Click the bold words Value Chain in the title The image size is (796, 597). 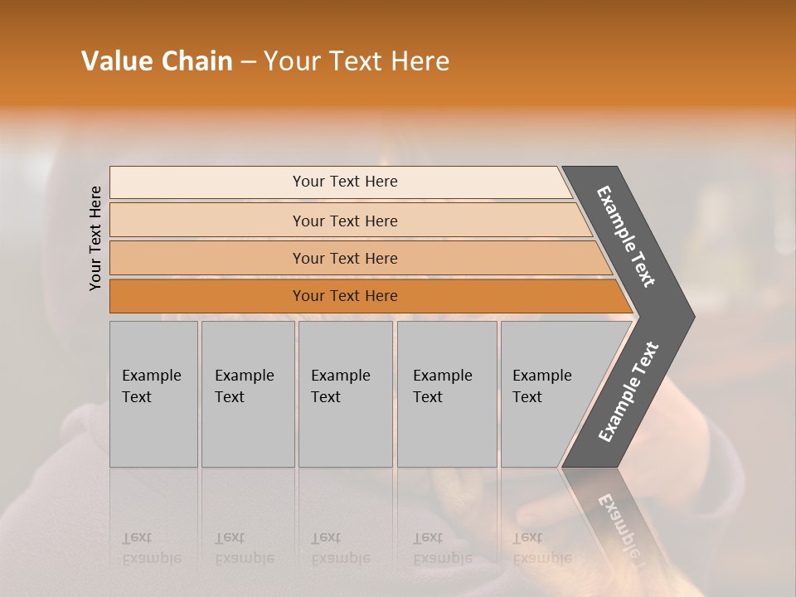tap(157, 61)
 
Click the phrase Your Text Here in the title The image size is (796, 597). tap(357, 61)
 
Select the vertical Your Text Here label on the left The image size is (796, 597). tap(95, 238)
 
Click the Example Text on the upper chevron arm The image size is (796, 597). tap(626, 236)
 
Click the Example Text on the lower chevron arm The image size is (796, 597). tap(629, 391)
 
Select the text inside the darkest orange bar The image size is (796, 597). tap(345, 296)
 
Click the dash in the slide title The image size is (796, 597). tap(247, 62)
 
